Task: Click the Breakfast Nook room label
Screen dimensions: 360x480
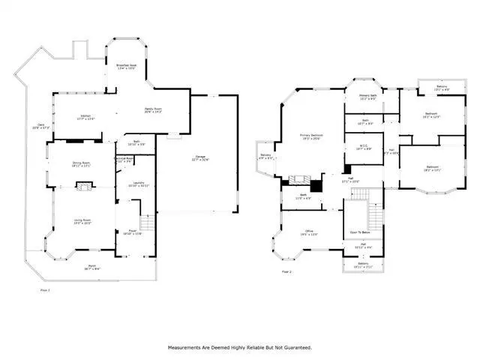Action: (x=126, y=67)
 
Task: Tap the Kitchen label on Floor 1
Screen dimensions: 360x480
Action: (x=87, y=116)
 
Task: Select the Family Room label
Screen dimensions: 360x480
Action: (x=154, y=110)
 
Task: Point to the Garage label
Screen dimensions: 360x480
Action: (x=199, y=157)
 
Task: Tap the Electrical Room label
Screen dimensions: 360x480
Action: (x=124, y=159)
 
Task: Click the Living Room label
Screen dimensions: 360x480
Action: (x=82, y=221)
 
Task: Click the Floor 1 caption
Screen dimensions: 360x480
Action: (x=45, y=289)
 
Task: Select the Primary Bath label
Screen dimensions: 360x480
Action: (x=367, y=97)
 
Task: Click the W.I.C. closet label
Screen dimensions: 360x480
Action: (x=363, y=147)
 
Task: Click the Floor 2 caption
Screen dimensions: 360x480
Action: (x=287, y=271)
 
